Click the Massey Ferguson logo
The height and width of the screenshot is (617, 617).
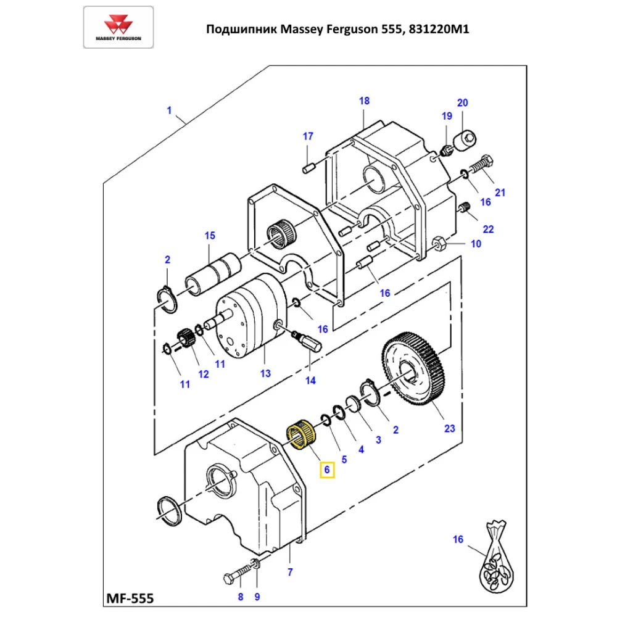click(118, 28)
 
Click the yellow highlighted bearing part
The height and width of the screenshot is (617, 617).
click(302, 435)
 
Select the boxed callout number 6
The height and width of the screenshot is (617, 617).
click(328, 470)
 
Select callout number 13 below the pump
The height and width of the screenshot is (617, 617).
click(265, 373)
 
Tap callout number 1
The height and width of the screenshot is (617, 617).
click(169, 110)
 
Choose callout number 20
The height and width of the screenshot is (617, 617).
click(462, 102)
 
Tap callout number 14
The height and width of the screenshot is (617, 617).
click(311, 381)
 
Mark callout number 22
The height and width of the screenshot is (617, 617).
click(488, 229)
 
